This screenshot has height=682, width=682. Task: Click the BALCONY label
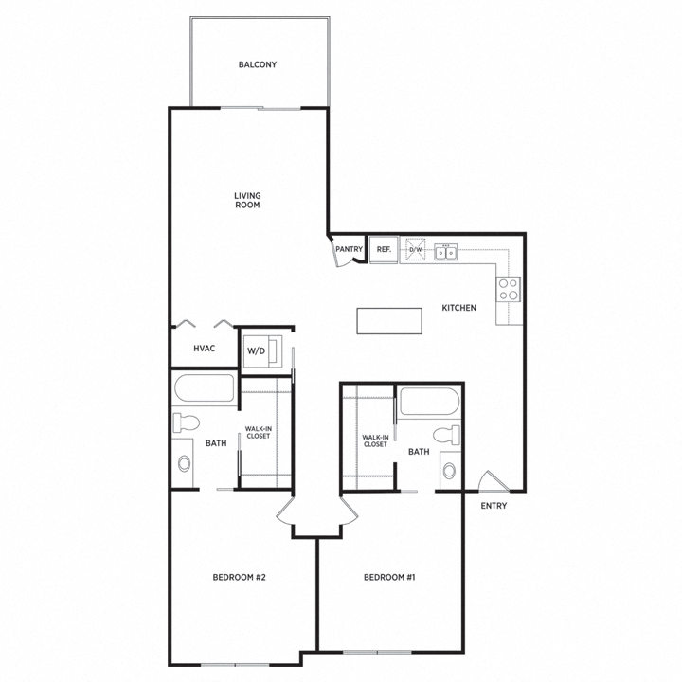(258, 64)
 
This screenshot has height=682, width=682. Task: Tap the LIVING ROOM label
(247, 201)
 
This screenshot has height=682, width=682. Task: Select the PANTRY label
(349, 249)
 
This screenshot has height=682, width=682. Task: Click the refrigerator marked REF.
(384, 250)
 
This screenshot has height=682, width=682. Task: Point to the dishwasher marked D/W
(416, 250)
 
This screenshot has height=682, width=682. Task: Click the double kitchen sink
(445, 252)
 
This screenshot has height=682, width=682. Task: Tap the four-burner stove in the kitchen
(509, 289)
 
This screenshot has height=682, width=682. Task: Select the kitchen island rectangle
(389, 321)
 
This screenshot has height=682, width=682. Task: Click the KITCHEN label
(458, 308)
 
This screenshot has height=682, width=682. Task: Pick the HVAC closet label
(204, 349)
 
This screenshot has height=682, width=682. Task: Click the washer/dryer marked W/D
(262, 351)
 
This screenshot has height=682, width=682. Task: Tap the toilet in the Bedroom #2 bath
(187, 422)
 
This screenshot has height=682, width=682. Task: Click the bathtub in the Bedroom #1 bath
(429, 402)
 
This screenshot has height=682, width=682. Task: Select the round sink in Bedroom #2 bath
(185, 463)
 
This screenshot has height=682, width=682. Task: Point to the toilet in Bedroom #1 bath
(447, 435)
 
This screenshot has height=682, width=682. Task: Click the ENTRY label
(494, 506)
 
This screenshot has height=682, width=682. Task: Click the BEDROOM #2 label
(240, 577)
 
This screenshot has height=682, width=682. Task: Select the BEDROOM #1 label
(389, 577)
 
